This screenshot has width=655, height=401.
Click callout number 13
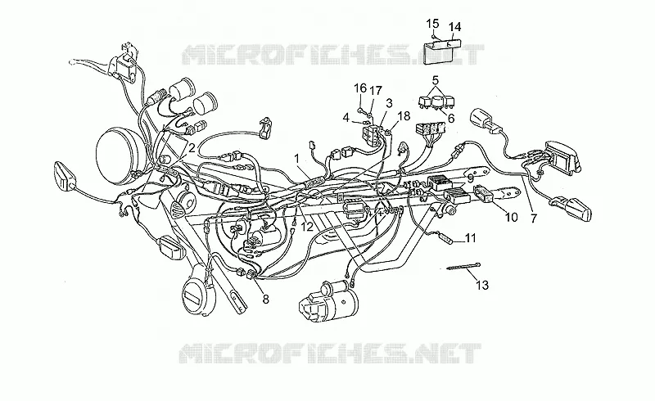pos(482,286)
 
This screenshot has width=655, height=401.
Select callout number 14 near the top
pos(454,27)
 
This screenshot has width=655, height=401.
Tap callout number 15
pos(433,24)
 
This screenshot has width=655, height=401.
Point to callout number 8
pos(265,299)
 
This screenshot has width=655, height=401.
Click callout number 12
pos(307,227)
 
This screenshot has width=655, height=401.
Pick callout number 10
pos(511,217)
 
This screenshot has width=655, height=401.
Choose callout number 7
pos(533,218)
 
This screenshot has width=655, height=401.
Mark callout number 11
pos(471,238)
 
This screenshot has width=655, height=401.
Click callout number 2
pos(192,148)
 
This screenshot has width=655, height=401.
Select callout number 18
pos(404,115)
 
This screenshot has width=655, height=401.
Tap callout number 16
pos(360,88)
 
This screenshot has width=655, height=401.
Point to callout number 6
pos(451,118)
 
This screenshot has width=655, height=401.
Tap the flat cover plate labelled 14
pos(444,52)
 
